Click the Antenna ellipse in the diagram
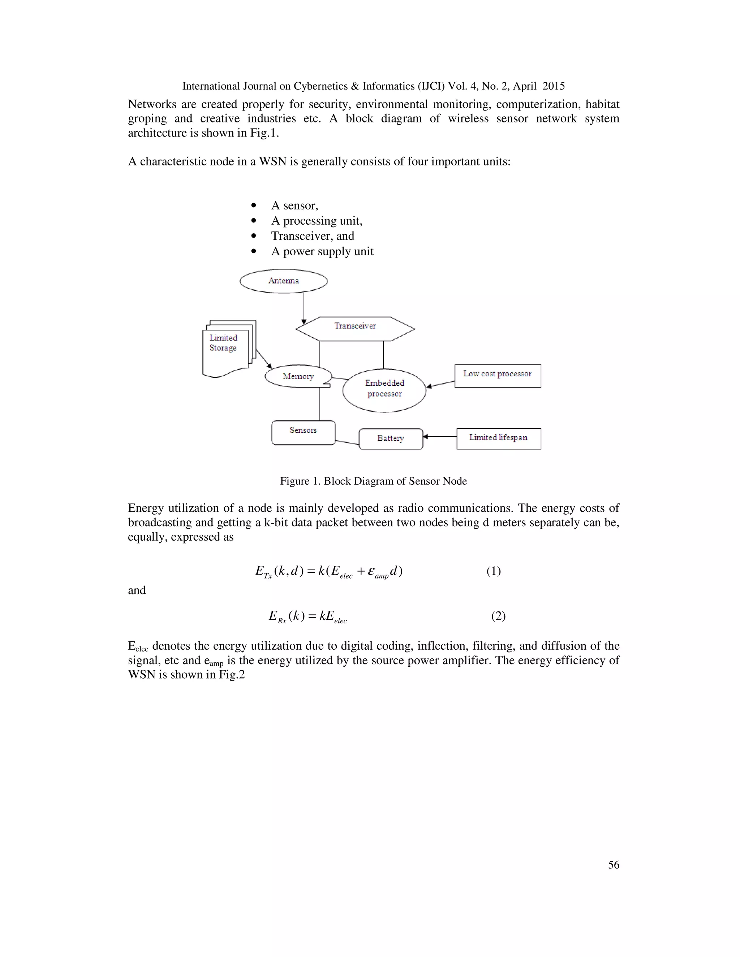[x=284, y=281]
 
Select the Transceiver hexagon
[x=355, y=328]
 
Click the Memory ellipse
[x=298, y=376]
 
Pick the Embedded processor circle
[x=384, y=390]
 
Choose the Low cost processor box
[x=498, y=376]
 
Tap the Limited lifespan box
[x=498, y=438]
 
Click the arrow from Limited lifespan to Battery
[x=440, y=437]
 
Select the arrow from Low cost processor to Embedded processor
[x=440, y=384]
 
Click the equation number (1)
[x=493, y=571]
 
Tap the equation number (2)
[x=498, y=616]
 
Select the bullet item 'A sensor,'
[x=294, y=205]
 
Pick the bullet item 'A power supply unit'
[x=322, y=251]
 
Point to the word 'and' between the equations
[x=137, y=590]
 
